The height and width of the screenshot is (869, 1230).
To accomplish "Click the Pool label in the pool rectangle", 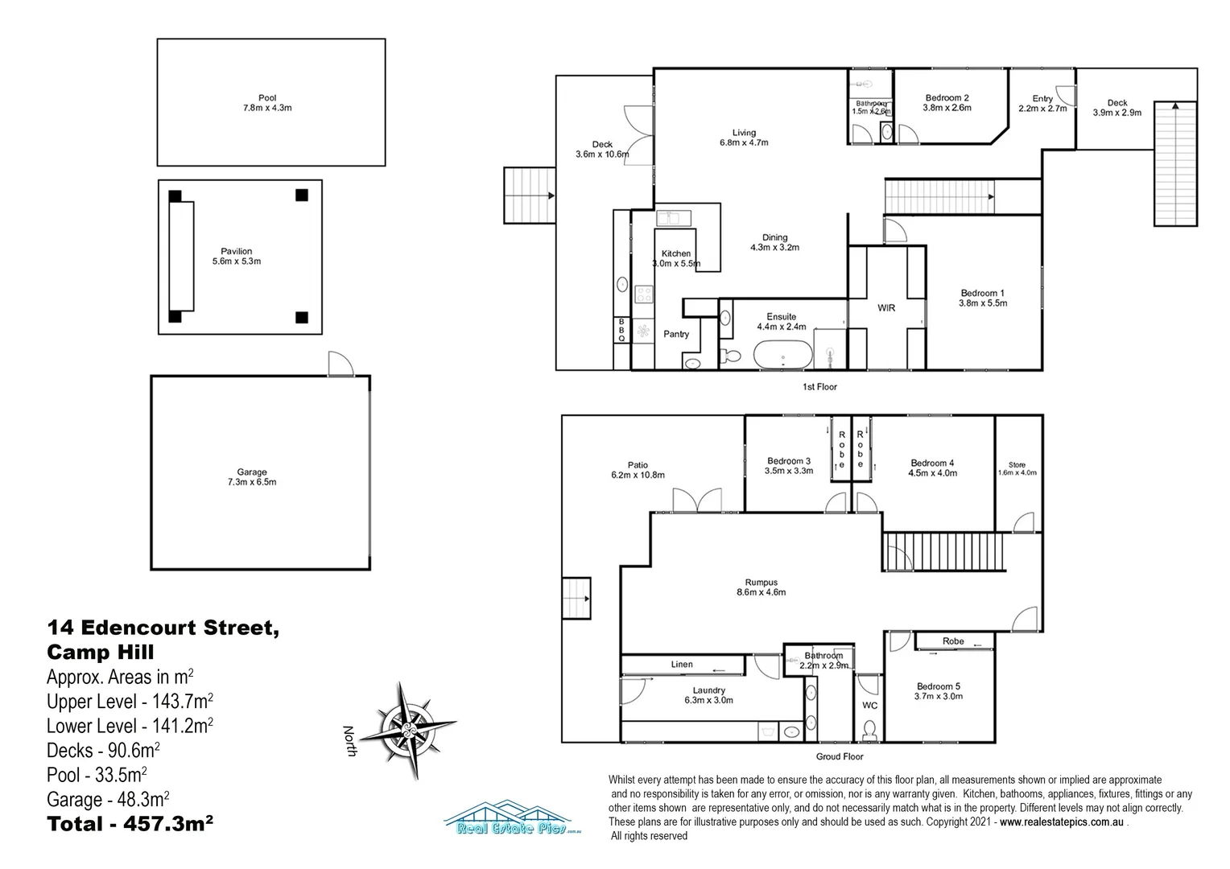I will click(x=266, y=98).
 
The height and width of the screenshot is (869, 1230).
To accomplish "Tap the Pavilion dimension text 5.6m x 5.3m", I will click(x=237, y=262).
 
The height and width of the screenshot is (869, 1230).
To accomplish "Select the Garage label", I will click(x=252, y=472).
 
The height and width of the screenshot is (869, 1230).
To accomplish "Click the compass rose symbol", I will click(x=408, y=729).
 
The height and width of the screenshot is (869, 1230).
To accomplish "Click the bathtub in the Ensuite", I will click(x=782, y=355).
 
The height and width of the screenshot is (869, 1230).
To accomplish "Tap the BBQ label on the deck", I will click(x=621, y=330).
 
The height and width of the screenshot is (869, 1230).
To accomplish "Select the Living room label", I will click(x=744, y=133).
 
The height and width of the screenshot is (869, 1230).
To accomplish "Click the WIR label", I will click(x=885, y=307).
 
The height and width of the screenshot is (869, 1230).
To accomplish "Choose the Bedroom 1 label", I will click(x=982, y=293).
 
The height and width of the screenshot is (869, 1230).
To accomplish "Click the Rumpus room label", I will click(x=761, y=583).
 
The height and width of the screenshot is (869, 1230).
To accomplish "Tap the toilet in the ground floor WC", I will click(x=869, y=730).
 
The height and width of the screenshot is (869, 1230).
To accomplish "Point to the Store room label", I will click(x=1017, y=464).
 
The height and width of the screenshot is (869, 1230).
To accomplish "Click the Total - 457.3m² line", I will click(x=130, y=825).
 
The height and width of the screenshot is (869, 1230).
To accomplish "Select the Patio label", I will click(x=638, y=464).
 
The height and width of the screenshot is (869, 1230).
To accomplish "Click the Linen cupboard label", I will click(x=682, y=665).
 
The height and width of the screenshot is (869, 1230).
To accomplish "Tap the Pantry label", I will click(x=676, y=334).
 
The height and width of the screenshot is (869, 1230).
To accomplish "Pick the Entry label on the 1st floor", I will click(x=1042, y=98).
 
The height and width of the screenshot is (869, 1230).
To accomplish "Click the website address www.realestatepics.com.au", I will click(x=1062, y=822).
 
